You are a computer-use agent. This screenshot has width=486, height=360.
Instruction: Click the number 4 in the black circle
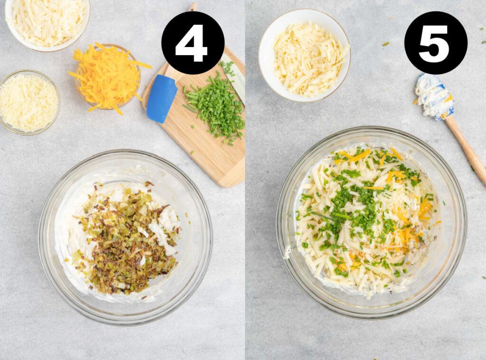pos(192,43)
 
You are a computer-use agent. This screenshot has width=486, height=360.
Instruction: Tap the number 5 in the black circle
pos(435,43)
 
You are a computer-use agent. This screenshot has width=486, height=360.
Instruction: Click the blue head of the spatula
pos(161,98)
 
